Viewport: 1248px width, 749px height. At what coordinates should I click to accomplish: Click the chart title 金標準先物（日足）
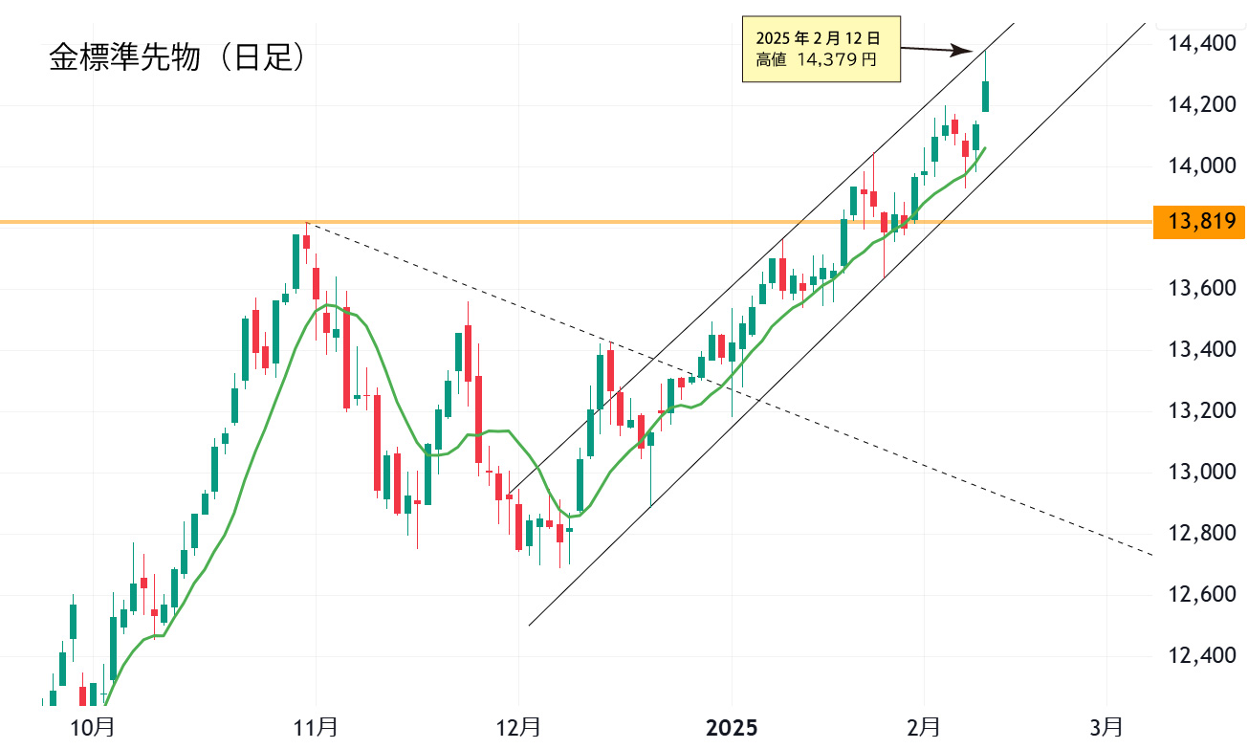(x=177, y=59)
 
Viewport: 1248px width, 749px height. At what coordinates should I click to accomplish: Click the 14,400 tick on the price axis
(x=1203, y=43)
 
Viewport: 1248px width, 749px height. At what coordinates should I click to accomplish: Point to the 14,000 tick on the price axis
(x=1203, y=166)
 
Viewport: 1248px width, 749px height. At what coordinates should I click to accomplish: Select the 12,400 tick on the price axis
(x=1203, y=656)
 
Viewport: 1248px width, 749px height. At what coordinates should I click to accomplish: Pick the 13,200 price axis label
(x=1203, y=411)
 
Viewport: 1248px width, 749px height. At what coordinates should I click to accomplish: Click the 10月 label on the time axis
(x=93, y=727)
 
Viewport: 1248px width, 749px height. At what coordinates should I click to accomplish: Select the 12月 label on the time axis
(x=518, y=727)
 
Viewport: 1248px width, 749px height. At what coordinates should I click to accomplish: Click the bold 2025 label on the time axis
(x=732, y=727)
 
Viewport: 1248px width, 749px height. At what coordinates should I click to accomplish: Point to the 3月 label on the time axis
(x=1106, y=727)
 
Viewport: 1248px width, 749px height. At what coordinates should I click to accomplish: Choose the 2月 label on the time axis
(x=924, y=727)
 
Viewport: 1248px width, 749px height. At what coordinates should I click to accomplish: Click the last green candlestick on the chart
(x=986, y=96)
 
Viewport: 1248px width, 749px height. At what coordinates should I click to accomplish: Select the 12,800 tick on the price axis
(x=1203, y=534)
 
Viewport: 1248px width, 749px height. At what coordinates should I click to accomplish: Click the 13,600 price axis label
(x=1203, y=289)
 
